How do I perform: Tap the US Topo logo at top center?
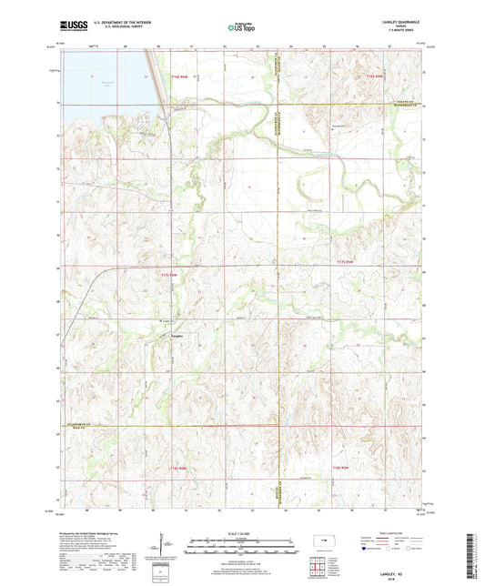[241, 28]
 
